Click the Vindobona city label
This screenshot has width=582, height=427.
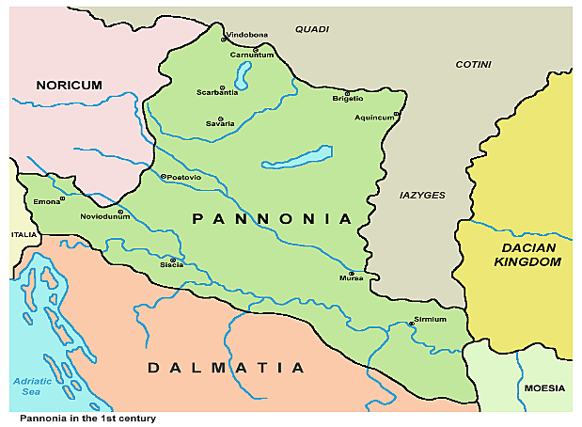(246, 35)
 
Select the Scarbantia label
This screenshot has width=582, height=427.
(217, 93)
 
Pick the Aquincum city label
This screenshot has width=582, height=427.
(375, 118)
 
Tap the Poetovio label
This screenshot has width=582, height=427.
(184, 177)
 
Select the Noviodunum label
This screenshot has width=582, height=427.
(104, 215)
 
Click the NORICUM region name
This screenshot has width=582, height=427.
(69, 86)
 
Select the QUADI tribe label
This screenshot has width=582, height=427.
(312, 29)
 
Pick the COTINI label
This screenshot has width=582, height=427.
(473, 64)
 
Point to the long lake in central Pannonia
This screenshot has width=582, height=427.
(297, 156)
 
